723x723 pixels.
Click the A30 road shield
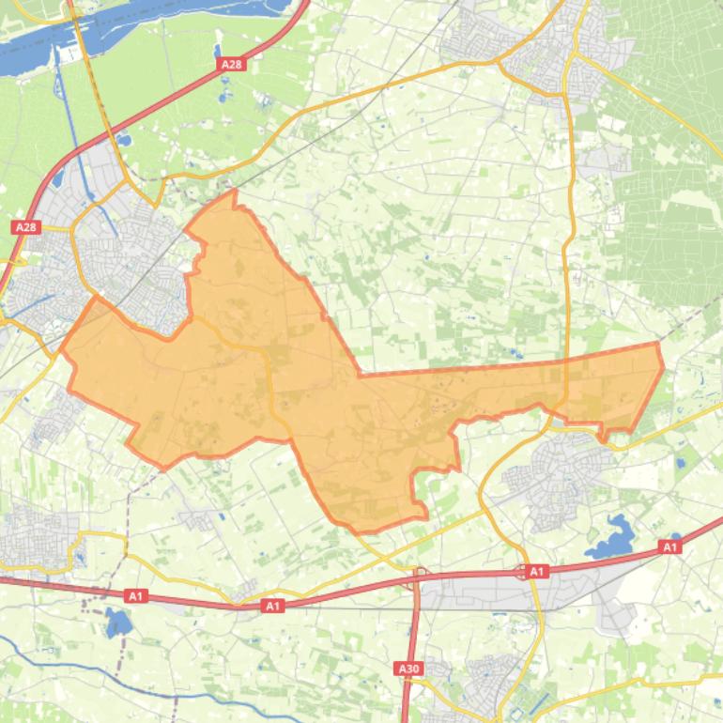(x=408, y=669)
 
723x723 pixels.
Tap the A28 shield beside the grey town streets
(x=25, y=227)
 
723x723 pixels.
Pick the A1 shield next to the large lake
(x=669, y=546)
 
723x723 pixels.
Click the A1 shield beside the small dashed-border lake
(x=136, y=595)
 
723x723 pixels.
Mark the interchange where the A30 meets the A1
(x=418, y=576)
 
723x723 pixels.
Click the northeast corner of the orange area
(x=657, y=344)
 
